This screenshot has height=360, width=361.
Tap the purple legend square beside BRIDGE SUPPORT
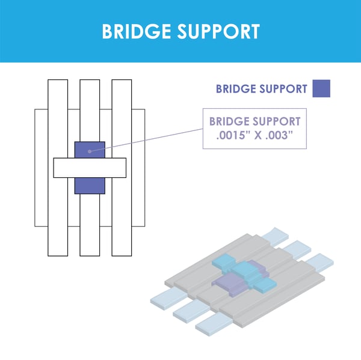tap(321, 88)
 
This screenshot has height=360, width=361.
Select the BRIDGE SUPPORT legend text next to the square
tap(262, 89)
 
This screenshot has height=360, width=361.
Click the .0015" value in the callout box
tap(235, 135)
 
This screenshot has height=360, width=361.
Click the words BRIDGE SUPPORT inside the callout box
tap(255, 121)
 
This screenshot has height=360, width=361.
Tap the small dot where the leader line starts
tap(90, 150)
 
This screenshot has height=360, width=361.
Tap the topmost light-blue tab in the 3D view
tap(280, 233)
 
